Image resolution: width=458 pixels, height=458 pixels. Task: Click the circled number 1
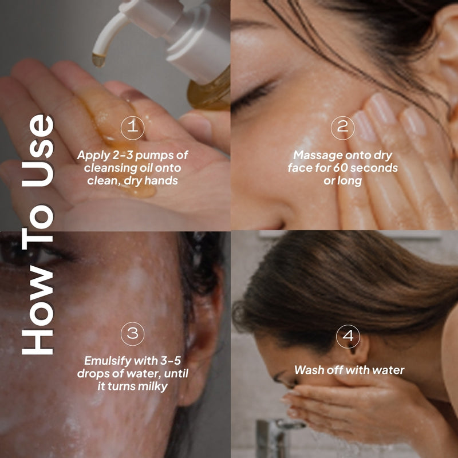click(x=132, y=128)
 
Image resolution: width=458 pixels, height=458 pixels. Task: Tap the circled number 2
click(x=342, y=128)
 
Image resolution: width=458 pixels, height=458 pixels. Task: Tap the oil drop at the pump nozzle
click(x=99, y=59)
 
